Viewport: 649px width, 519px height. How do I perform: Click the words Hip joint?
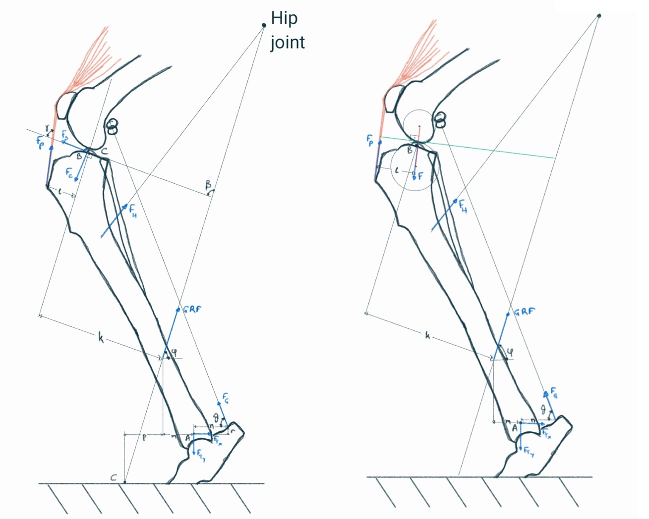coord(287,31)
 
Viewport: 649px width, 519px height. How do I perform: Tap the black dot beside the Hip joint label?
coord(264,25)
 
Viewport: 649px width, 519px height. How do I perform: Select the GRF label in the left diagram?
coord(192,310)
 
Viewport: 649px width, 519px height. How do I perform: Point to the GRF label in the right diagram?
coord(525,312)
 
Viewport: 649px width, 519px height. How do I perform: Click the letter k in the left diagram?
coord(101,339)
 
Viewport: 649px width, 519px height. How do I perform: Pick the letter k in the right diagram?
coord(428,335)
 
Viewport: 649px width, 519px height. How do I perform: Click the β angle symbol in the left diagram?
coord(208,185)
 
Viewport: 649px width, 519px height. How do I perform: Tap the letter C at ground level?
coord(114,478)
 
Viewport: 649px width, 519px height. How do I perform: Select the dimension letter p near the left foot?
coord(144,438)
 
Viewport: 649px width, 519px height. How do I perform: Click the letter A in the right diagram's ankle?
coord(514,427)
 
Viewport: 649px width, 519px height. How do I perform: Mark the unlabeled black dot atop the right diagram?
coord(599,16)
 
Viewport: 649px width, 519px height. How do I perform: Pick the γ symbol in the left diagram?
coord(48,129)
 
